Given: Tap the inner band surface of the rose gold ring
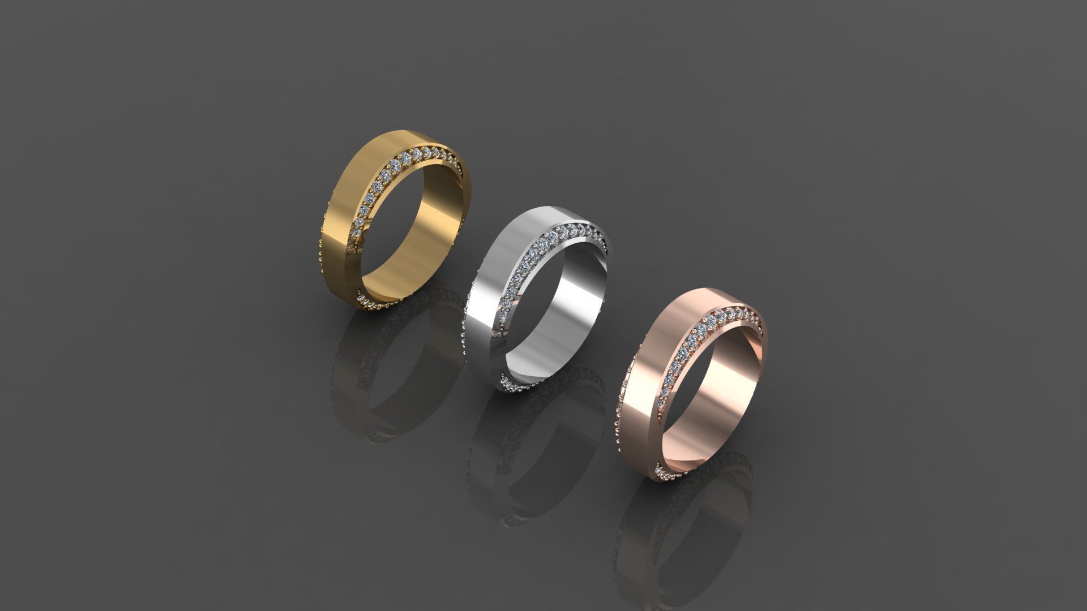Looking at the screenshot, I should [730, 396].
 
